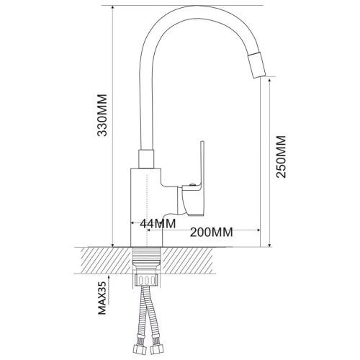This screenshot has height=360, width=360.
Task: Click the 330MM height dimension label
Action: (x=102, y=115)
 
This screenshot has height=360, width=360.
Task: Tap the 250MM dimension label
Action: (x=281, y=157)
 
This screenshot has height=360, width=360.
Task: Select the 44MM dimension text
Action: (x=158, y=224)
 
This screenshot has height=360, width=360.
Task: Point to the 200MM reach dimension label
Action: (x=211, y=232)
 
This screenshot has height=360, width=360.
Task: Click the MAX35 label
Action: (x=102, y=298)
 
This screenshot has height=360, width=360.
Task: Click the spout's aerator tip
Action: (x=257, y=65)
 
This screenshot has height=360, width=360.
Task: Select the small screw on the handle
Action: (x=192, y=184)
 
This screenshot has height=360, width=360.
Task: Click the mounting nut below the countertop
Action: (x=146, y=279)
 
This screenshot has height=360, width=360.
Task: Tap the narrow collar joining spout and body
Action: (x=146, y=159)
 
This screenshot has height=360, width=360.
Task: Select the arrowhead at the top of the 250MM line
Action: (x=269, y=81)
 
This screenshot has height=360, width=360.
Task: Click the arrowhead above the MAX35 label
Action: (x=109, y=277)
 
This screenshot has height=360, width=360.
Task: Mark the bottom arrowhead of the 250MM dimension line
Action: (x=269, y=244)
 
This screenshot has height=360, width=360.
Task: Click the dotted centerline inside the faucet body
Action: (x=146, y=210)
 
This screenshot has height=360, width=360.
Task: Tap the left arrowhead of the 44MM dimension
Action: (x=133, y=223)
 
